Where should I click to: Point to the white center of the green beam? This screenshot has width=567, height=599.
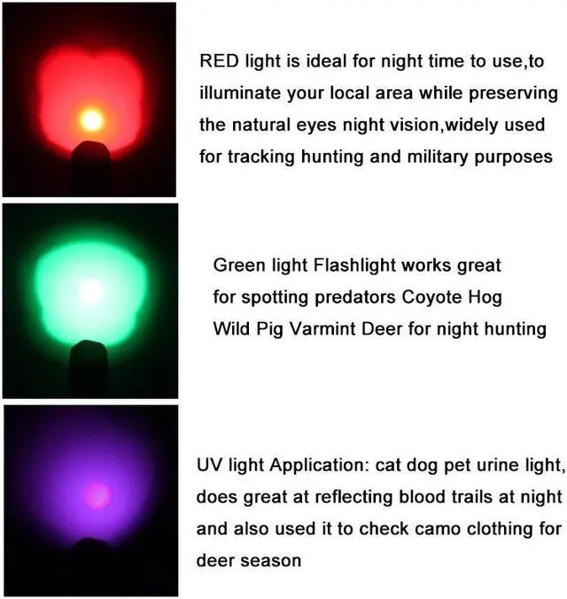[89, 291]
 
